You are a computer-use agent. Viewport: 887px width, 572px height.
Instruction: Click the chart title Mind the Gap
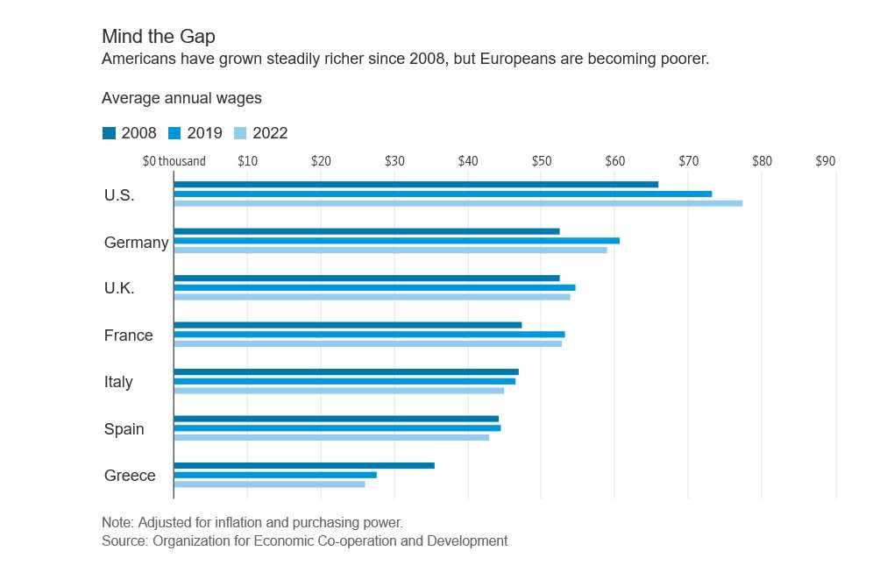pos(158,37)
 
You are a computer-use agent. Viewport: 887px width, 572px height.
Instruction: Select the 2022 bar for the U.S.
pos(458,203)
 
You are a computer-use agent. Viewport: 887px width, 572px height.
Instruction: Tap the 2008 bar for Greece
pos(304,465)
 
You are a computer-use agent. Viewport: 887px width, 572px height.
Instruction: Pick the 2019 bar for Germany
pos(396,240)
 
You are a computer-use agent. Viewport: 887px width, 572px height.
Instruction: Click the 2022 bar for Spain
pos(331,437)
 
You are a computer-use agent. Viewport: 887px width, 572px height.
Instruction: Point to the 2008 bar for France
pos(347,325)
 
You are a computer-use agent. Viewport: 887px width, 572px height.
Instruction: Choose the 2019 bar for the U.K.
pos(374,287)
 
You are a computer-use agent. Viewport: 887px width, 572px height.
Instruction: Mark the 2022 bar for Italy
pos(338,390)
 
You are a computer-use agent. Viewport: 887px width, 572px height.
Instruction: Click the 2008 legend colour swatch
pos(109,133)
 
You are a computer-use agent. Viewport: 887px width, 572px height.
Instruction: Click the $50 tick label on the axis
pos(541,161)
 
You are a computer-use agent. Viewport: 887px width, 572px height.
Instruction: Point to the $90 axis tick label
pos(825,161)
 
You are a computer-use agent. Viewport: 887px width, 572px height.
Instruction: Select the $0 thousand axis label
pos(174,161)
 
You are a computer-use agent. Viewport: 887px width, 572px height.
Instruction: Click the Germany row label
pos(136,243)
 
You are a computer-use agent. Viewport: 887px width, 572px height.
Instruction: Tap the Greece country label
pos(130,476)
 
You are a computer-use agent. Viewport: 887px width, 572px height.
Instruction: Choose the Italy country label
pos(118,382)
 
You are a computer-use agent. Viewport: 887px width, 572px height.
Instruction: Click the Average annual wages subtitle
pos(181,98)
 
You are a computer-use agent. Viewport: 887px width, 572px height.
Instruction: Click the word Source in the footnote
pos(124,541)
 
